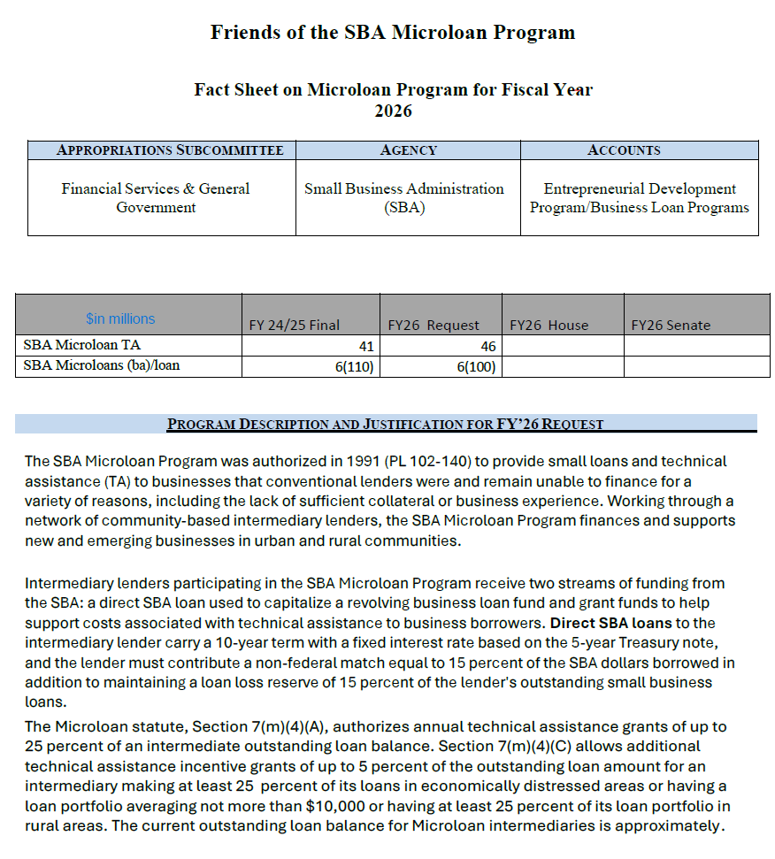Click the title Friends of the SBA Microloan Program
point(393,33)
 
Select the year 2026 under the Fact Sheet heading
point(393,111)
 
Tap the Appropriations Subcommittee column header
point(170,150)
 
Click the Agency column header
point(408,150)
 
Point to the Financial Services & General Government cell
point(156,198)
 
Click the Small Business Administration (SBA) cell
point(404,198)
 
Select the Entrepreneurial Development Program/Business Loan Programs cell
point(640,198)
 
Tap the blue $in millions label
point(120,318)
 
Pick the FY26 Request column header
point(434,325)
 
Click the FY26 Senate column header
point(671,325)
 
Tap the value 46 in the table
point(487,347)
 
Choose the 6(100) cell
point(476,366)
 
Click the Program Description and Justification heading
point(386,424)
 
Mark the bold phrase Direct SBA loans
point(598,623)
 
